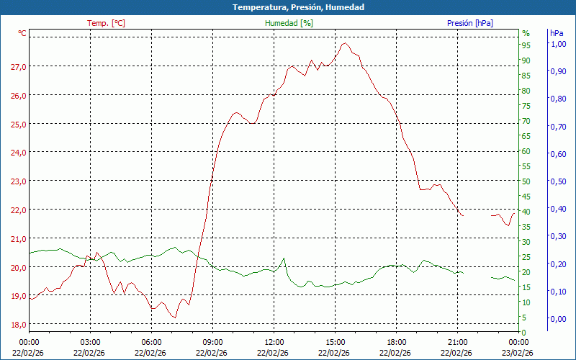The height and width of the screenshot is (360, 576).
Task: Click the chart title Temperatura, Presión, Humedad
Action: [x=288, y=7]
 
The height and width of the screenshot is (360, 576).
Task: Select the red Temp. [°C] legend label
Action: [x=106, y=23]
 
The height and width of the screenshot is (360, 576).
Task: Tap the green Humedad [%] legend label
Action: [x=289, y=23]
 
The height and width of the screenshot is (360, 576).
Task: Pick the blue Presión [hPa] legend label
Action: [x=469, y=23]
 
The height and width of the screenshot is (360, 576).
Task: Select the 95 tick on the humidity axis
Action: [x=526, y=45]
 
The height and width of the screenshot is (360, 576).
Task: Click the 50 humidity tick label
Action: [x=526, y=181]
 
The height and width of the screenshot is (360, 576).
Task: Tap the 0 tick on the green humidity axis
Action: [x=524, y=332]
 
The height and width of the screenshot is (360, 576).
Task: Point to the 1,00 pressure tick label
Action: [x=558, y=44]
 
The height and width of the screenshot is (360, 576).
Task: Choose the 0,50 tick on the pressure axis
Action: [x=558, y=181]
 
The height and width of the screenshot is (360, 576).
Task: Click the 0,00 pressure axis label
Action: [x=558, y=319]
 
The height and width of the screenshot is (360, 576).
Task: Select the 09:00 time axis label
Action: [x=212, y=342]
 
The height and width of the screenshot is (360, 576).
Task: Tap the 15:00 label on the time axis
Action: [x=335, y=342]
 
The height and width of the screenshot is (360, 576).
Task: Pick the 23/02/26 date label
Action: [x=518, y=353]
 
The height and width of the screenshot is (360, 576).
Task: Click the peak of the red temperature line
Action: [x=345, y=43]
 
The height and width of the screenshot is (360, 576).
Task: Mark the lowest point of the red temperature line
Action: [x=174, y=317]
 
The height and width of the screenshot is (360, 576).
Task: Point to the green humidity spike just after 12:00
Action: [x=284, y=258]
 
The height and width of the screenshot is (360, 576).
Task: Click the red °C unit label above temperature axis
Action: [x=22, y=33]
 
